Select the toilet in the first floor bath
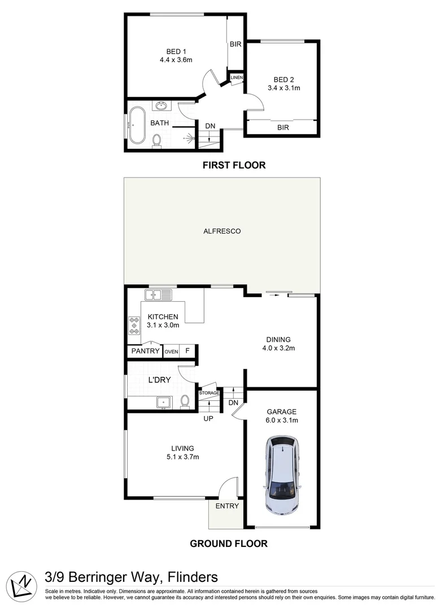pos(158,141)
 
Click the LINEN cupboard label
pos(237,77)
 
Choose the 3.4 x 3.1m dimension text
pos(283,88)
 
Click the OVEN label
pos(171,352)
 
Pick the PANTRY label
pos(145,351)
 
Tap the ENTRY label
pos(227,506)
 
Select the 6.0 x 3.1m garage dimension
pos(282,420)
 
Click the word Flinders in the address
pos(189,577)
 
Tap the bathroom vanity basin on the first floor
pos(162,105)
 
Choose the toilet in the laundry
pos(184,401)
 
